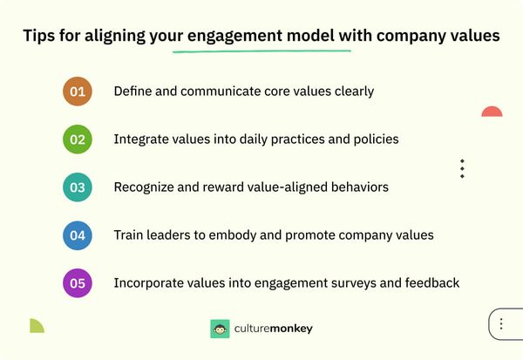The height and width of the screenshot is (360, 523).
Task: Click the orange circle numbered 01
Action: (78, 91)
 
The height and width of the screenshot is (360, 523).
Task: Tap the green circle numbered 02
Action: (78, 139)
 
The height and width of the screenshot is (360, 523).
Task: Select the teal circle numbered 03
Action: (78, 187)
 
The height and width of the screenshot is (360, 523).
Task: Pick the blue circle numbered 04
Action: (78, 234)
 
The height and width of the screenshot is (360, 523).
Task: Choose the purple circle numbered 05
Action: (78, 282)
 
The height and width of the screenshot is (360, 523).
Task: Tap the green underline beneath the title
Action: (261, 51)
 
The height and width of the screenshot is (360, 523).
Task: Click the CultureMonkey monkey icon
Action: (220, 329)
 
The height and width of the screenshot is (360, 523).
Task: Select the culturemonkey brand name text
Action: (273, 329)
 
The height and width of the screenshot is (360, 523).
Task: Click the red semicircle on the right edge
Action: (492, 112)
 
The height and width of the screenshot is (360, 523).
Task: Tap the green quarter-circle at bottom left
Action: (36, 326)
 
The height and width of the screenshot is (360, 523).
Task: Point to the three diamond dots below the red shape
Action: (462, 168)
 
